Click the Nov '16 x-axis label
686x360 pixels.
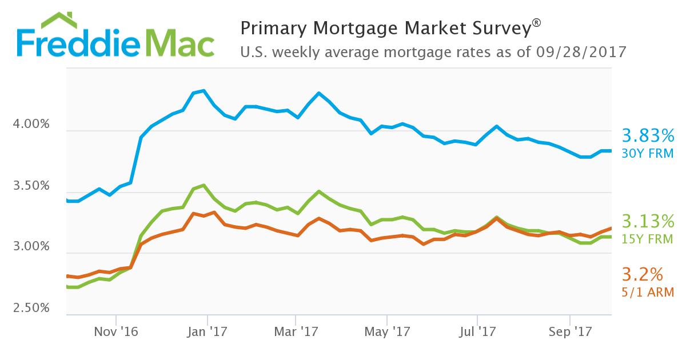[x=117, y=331]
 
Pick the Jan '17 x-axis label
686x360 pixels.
[x=208, y=331]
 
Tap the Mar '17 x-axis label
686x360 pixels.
[x=296, y=331]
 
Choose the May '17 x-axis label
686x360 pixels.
[x=387, y=331]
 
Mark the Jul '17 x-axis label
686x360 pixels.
[x=477, y=331]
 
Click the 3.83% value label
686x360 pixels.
[x=648, y=136]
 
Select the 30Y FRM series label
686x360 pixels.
[x=648, y=153]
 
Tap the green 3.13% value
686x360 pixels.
[x=648, y=221]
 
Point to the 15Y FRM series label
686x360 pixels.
[x=648, y=238]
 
